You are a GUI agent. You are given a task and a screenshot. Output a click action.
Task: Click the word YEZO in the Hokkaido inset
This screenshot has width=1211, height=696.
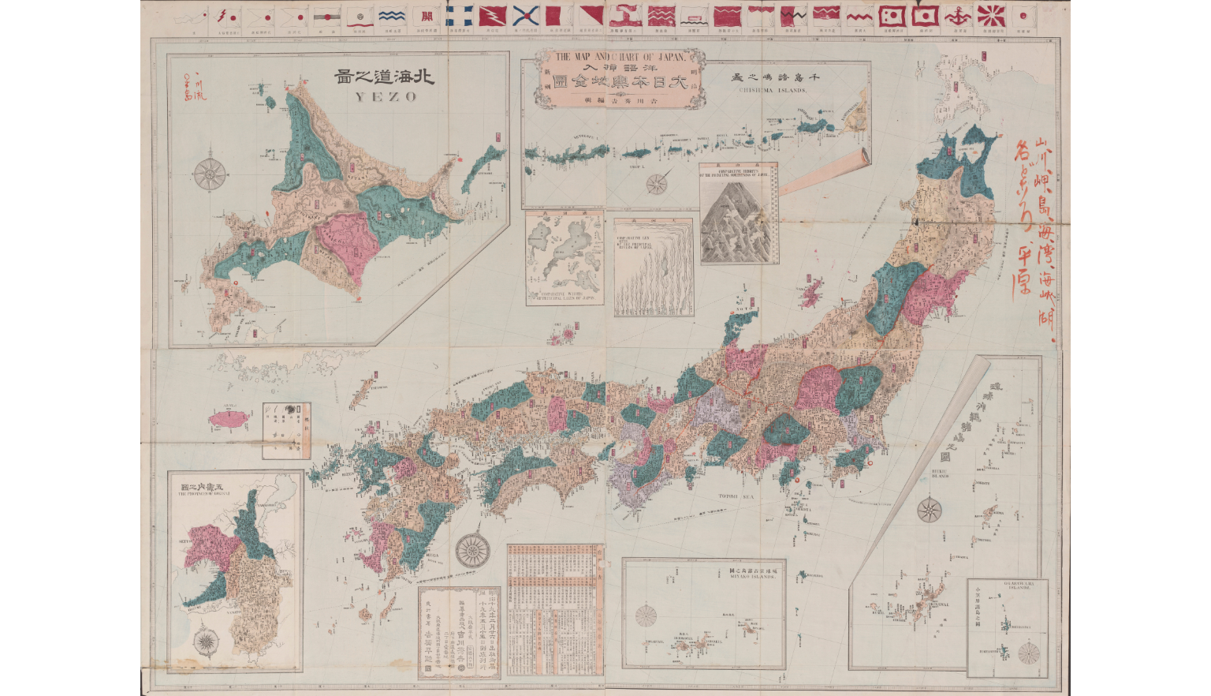pos(384,97)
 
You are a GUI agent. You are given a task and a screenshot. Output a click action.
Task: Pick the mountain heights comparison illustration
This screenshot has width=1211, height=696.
pos(738,213)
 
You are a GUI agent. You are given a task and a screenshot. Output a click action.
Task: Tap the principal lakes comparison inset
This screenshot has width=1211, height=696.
pos(565,256)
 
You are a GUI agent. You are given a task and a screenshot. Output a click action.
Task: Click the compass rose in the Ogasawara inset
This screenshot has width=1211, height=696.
pos(1028,653)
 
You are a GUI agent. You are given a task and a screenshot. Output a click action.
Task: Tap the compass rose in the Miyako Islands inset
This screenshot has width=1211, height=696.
pos(646,615)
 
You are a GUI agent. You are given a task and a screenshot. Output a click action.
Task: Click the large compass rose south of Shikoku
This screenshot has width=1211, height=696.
pos(471,548)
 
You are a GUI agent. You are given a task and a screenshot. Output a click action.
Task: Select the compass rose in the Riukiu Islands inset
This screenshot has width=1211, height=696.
pos(930,510)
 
